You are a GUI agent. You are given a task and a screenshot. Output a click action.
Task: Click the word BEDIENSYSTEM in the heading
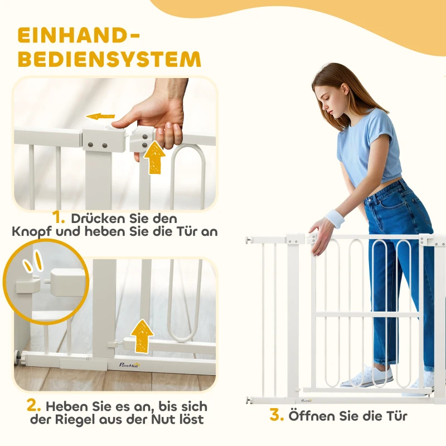click(109, 59)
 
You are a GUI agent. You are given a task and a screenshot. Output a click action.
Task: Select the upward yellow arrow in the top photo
click(154, 157)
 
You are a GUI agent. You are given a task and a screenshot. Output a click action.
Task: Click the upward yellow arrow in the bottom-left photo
click(143, 336)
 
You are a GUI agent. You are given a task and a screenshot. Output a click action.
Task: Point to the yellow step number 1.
click(59, 217)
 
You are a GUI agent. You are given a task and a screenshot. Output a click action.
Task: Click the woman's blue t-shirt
click(368, 145)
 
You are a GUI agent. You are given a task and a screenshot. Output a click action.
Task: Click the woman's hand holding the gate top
click(321, 235)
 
